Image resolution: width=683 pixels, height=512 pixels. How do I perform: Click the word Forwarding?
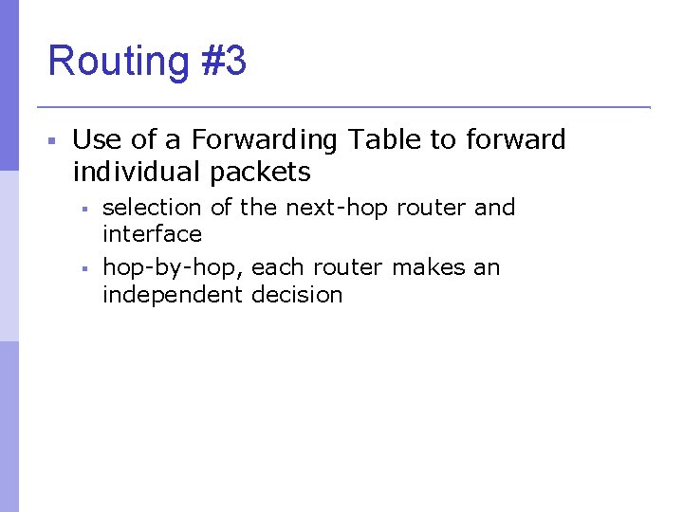click(264, 140)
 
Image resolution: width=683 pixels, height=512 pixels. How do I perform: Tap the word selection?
click(152, 208)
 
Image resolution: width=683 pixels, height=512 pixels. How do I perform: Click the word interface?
click(152, 234)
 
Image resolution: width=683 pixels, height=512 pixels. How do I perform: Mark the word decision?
click(297, 295)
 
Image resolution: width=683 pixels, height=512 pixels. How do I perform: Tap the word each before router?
click(280, 268)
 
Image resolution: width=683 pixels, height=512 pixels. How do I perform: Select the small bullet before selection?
click(83, 209)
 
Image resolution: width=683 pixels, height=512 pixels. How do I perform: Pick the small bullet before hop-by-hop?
click(83, 269)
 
